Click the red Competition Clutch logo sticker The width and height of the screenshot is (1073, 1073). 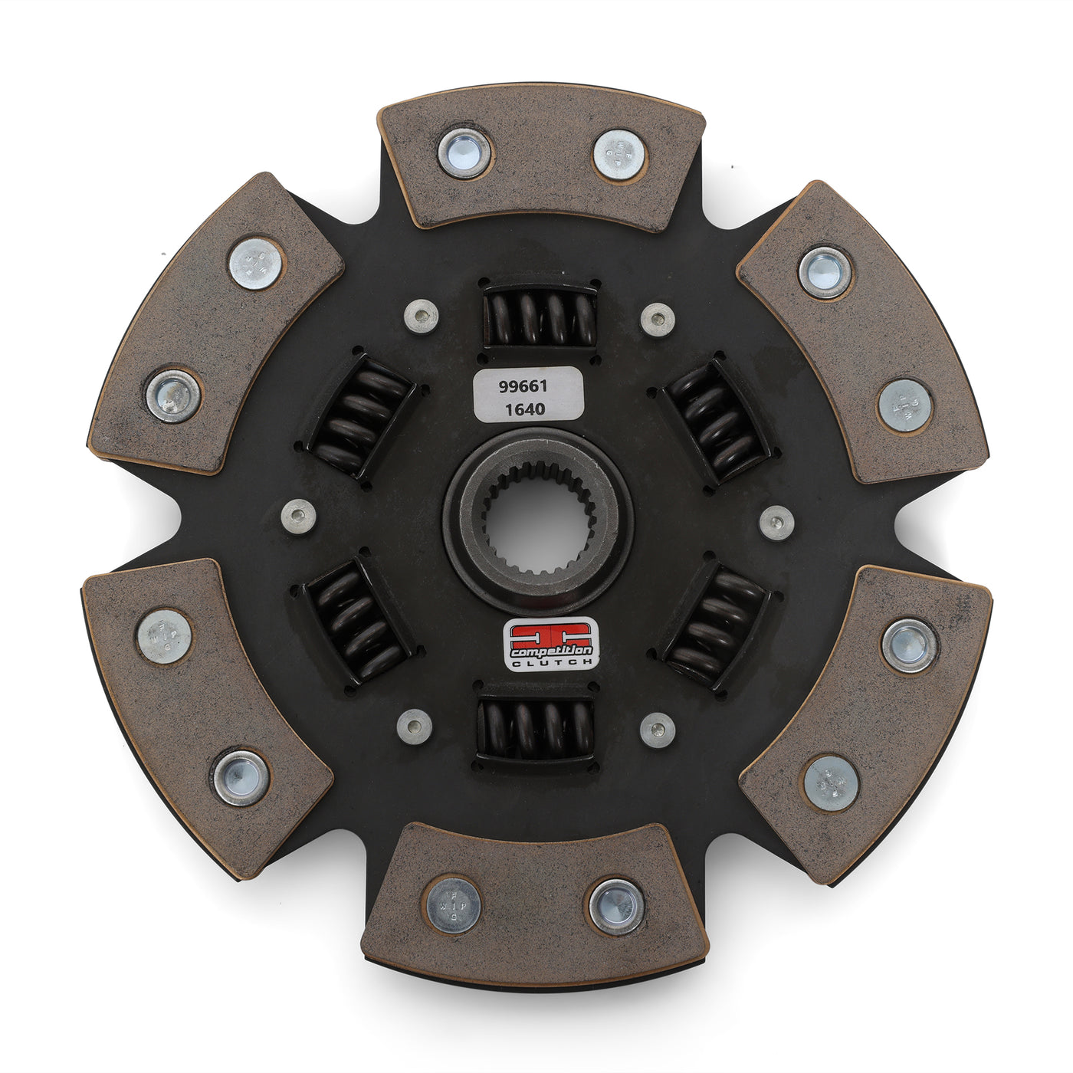click(x=550, y=643)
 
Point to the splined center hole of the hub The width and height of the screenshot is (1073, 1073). click(x=537, y=522)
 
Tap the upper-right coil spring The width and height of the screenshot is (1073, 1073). click(x=714, y=419)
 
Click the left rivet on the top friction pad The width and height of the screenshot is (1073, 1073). click(x=464, y=153)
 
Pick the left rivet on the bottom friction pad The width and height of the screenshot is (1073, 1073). click(x=453, y=905)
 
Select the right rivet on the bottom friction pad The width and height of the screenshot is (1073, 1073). click(x=616, y=907)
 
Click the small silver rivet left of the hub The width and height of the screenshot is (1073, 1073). click(x=299, y=516)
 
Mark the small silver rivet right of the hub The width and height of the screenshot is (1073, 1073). click(x=776, y=523)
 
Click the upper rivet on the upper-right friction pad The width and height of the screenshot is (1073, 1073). click(x=825, y=272)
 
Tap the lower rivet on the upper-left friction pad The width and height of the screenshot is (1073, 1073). click(x=173, y=395)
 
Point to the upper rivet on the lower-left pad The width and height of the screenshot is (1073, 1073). click(x=164, y=636)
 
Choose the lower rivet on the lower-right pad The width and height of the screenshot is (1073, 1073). click(x=832, y=783)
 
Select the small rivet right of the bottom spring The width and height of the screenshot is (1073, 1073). click(x=658, y=730)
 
